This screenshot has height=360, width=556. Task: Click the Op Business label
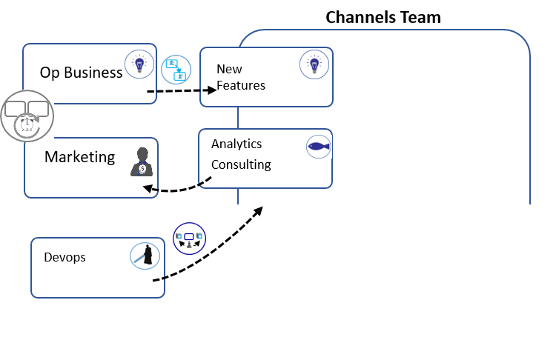pyautogui.click(x=81, y=73)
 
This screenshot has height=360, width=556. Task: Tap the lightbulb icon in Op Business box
pyautogui.click(x=138, y=64)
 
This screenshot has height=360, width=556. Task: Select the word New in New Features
pyautogui.click(x=230, y=69)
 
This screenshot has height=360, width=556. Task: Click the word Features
pyautogui.click(x=241, y=85)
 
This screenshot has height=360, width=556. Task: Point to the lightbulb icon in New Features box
pyautogui.click(x=314, y=64)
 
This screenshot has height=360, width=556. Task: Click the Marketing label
pyautogui.click(x=79, y=157)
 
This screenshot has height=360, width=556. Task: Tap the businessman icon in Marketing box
pyautogui.click(x=142, y=161)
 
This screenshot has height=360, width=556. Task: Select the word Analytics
pyautogui.click(x=236, y=144)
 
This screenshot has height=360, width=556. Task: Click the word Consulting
pyautogui.click(x=241, y=164)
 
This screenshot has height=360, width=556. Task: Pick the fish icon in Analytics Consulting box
pyautogui.click(x=319, y=147)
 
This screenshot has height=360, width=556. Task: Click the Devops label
pyautogui.click(x=64, y=257)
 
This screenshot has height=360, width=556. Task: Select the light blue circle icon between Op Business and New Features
pyautogui.click(x=176, y=70)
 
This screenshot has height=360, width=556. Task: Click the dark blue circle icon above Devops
pyautogui.click(x=189, y=239)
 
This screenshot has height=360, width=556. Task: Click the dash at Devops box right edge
pyautogui.click(x=157, y=280)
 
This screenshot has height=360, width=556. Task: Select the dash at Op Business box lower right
pyautogui.click(x=151, y=91)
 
